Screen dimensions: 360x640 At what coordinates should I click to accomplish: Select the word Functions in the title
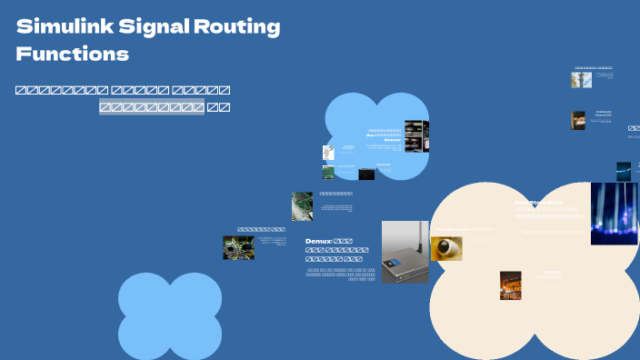[73, 55]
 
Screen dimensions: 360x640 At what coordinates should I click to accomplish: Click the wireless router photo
[405, 252]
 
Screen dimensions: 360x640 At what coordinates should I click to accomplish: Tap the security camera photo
[446, 248]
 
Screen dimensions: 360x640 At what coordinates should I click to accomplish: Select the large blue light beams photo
[614, 214]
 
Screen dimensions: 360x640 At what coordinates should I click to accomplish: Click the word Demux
[319, 242]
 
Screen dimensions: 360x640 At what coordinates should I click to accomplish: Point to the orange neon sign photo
[510, 285]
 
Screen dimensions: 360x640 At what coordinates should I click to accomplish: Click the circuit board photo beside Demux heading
[302, 206]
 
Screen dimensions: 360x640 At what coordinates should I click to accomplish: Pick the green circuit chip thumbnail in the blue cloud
[328, 172]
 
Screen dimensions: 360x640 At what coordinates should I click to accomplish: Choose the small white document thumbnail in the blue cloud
[328, 153]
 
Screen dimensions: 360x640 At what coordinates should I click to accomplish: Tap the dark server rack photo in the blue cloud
[415, 136]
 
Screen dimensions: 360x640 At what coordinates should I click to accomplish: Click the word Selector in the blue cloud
[392, 140]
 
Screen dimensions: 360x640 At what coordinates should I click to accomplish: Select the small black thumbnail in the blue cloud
[365, 174]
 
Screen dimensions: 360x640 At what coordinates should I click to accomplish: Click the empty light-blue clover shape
[170, 315]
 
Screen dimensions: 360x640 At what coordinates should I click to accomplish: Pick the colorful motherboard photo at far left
[238, 248]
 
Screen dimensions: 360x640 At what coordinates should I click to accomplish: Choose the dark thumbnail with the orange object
[578, 120]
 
